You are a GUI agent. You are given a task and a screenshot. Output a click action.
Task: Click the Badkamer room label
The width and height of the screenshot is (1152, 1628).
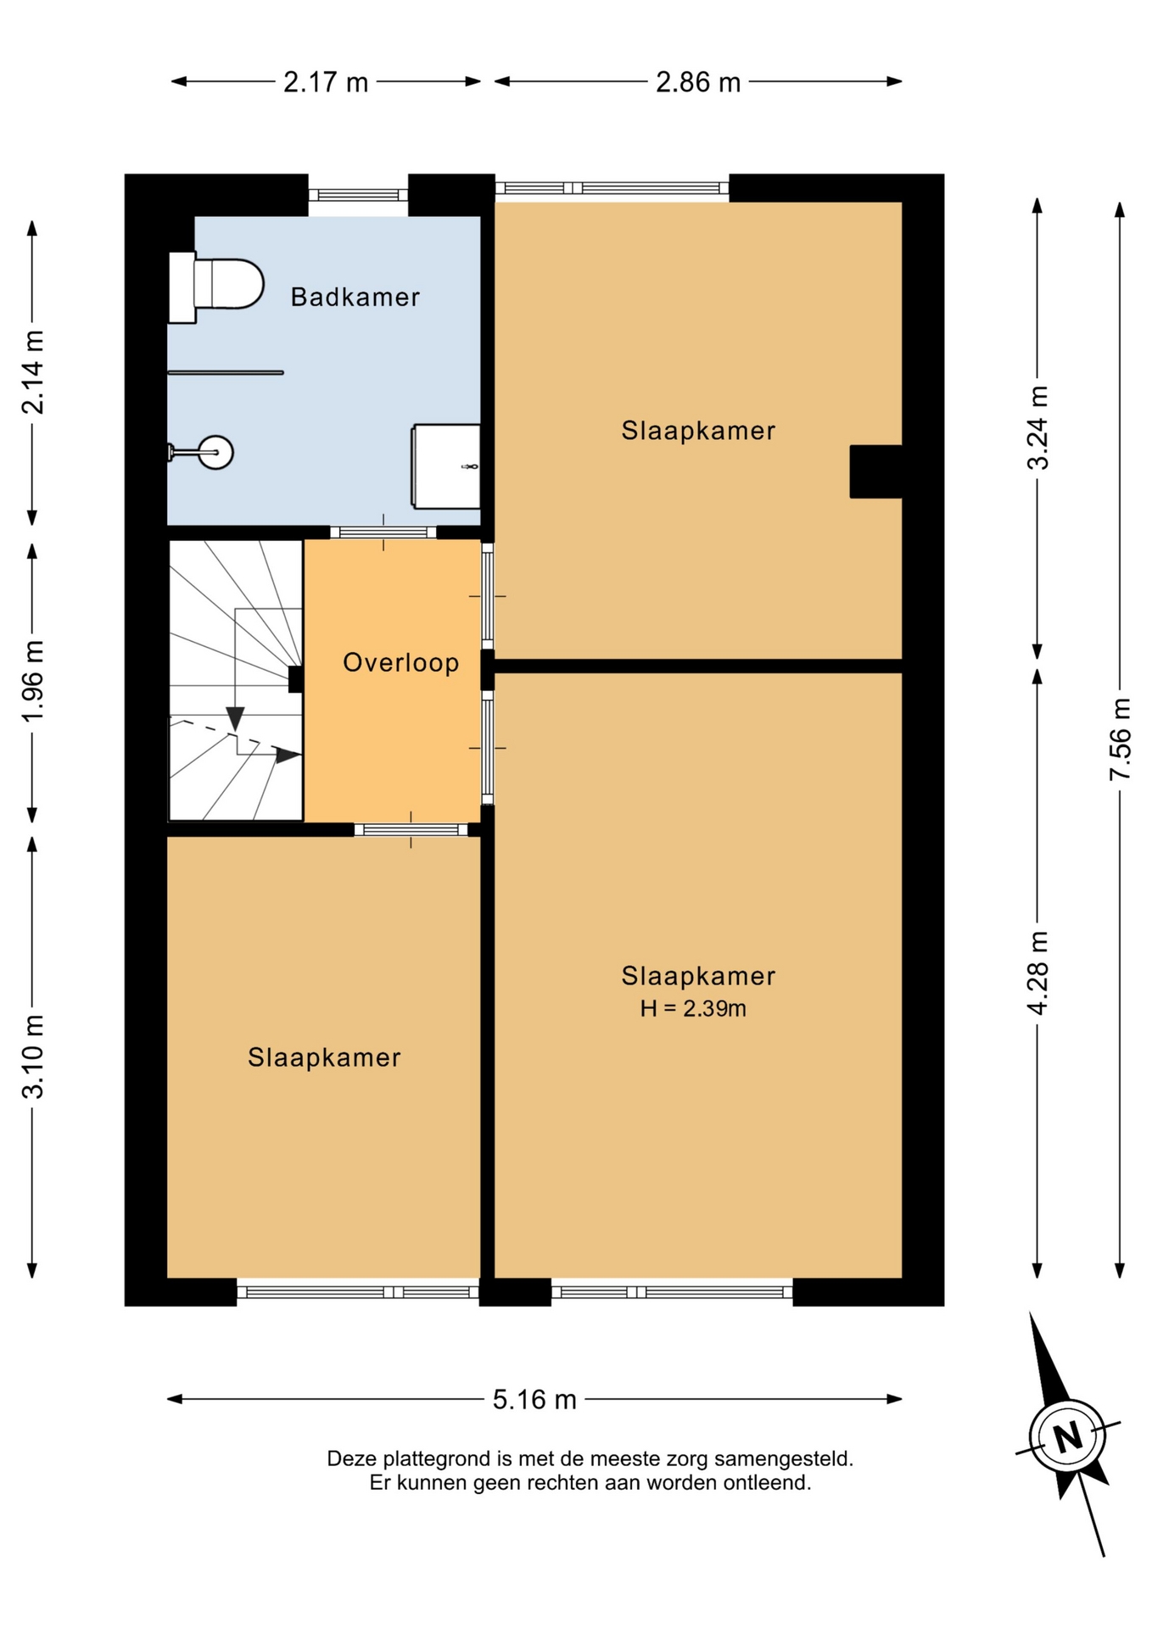[x=355, y=297]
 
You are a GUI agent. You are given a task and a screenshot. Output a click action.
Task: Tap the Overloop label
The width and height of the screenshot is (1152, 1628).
[x=400, y=662]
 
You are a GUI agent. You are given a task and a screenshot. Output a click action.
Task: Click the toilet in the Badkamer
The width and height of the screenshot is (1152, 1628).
[x=215, y=287]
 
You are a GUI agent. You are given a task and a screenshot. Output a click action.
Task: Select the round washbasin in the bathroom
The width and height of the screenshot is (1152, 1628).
[x=215, y=452]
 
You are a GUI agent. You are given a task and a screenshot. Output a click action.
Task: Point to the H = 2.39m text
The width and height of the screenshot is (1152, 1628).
[x=693, y=1008]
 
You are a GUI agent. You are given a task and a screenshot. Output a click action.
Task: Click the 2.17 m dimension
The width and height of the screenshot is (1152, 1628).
[x=326, y=82]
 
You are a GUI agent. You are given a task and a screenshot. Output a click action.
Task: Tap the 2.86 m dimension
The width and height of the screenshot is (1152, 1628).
[x=698, y=82]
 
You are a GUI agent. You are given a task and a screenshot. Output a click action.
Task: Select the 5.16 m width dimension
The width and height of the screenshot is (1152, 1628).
[x=534, y=1399]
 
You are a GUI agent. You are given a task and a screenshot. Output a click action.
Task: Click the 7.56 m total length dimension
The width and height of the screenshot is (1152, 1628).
[x=1120, y=739]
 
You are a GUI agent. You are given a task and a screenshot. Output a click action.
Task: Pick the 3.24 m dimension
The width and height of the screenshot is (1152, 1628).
[x=1037, y=427]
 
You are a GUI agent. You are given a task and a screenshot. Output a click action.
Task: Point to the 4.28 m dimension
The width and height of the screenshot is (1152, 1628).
[x=1037, y=972]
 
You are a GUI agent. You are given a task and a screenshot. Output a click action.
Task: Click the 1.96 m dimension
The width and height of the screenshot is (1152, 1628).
[x=32, y=682]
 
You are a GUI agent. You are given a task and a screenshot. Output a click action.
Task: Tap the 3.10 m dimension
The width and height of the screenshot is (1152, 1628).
[x=32, y=1057]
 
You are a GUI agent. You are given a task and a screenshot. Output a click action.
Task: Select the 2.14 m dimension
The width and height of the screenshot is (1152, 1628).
[x=32, y=371]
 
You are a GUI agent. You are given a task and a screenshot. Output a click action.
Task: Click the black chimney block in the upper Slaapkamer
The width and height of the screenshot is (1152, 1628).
[x=875, y=471]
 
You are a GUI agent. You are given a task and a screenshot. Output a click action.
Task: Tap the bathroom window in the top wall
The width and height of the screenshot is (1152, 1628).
[x=358, y=195]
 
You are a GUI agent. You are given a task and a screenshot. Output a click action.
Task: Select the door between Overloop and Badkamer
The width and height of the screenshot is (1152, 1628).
[x=383, y=532]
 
